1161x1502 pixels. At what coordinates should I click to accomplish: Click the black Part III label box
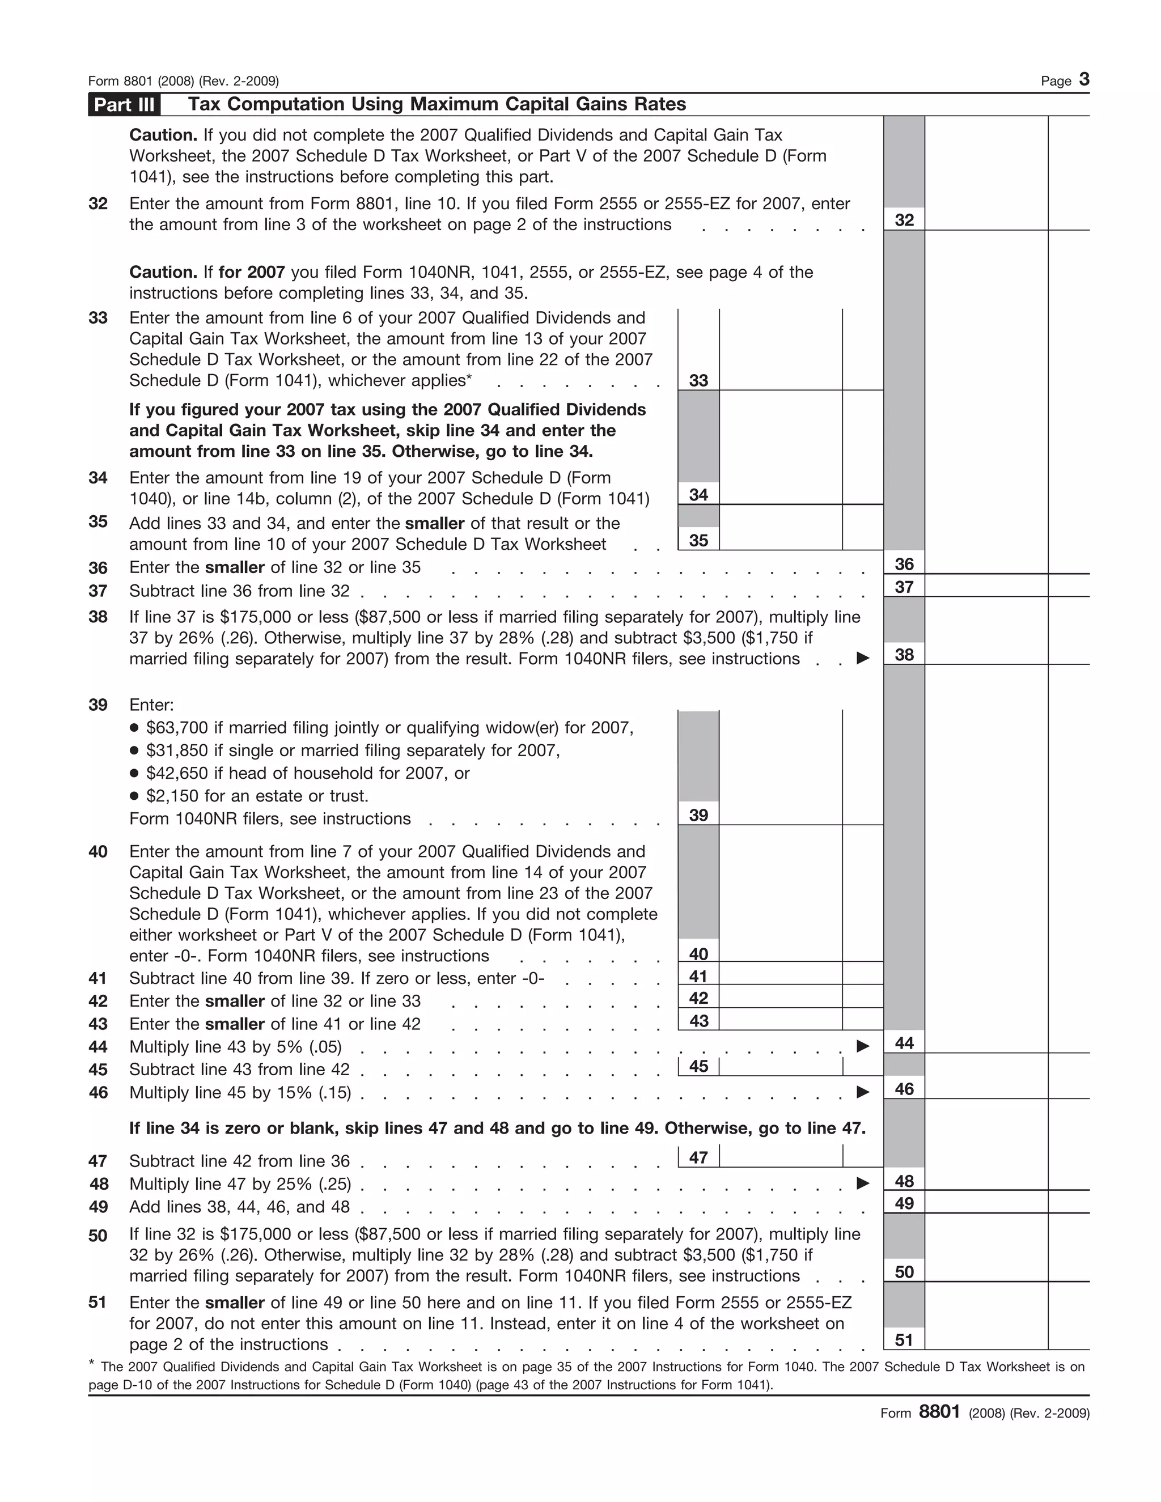point(124,104)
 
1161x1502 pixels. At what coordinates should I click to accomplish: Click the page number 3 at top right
point(1084,80)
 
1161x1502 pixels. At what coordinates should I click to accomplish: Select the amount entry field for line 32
point(986,219)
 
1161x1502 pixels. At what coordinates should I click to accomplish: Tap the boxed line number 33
point(698,380)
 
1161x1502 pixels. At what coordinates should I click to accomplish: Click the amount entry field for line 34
point(780,494)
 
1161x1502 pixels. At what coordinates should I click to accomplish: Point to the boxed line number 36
point(904,564)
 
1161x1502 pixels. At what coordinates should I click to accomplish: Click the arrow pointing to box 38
point(862,658)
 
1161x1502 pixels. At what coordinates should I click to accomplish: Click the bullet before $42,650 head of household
point(135,774)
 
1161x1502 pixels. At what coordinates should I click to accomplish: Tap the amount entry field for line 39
point(780,814)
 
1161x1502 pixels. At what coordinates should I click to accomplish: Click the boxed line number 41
point(698,976)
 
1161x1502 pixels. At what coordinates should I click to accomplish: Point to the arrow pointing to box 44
point(862,1046)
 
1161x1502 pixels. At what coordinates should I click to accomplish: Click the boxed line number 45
point(698,1066)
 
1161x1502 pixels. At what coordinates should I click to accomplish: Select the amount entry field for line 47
point(780,1157)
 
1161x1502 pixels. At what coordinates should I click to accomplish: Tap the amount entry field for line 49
point(986,1203)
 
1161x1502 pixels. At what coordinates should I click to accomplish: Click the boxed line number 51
point(904,1340)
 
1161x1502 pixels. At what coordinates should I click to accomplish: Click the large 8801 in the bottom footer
point(939,1412)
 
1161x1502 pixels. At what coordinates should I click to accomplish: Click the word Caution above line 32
point(163,135)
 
